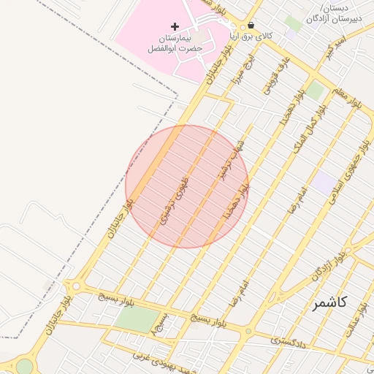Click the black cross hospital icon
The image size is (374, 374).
[174, 27]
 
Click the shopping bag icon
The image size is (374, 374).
[251, 25]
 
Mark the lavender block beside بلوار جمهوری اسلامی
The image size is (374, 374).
[325, 183]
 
